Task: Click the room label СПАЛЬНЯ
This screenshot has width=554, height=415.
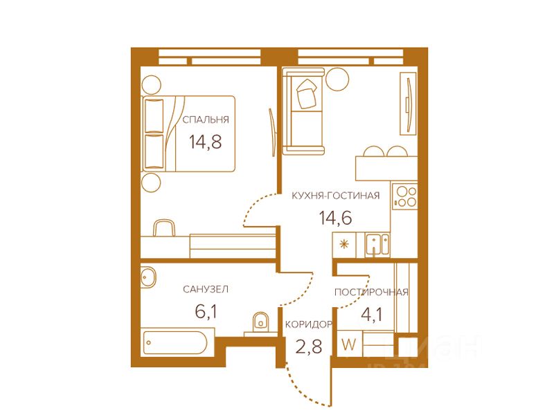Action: [206, 120]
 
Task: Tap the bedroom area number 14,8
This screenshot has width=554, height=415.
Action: [205, 142]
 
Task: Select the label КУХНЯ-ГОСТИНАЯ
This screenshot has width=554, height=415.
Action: [336, 196]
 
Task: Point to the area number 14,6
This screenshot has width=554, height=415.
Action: [336, 217]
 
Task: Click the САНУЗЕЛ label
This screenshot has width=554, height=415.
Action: [206, 289]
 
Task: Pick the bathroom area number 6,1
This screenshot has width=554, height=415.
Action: [206, 312]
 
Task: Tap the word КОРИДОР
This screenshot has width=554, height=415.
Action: [308, 324]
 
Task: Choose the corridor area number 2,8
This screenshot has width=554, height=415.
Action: [308, 347]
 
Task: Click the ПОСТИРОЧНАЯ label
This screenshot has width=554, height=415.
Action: [371, 292]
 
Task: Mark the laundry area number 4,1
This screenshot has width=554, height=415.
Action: [372, 315]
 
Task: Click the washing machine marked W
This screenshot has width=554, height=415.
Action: [349, 344]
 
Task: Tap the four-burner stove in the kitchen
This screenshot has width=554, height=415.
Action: [405, 196]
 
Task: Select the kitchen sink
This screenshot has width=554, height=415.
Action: [377, 245]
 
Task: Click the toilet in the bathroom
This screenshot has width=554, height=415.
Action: [261, 322]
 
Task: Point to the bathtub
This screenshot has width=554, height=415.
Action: [179, 342]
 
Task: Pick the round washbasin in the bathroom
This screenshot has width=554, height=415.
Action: [148, 277]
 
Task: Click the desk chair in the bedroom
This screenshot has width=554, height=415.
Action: [164, 228]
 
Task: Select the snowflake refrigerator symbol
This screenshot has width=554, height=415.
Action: [344, 244]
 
